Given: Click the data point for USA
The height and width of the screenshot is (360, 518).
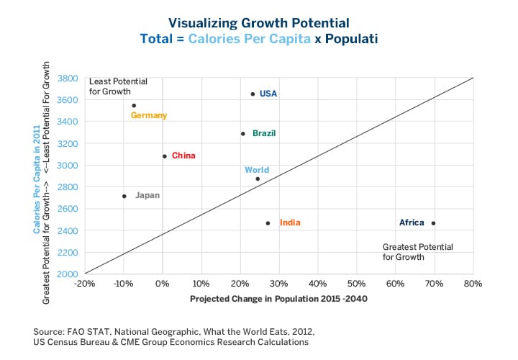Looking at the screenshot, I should point(253,94).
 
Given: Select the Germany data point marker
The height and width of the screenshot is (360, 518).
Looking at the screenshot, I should point(134,105).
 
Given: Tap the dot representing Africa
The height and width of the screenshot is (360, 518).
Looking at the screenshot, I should point(433,223).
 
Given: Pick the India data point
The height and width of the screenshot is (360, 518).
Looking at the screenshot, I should point(268,223).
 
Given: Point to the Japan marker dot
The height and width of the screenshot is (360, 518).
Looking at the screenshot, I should point(124,196).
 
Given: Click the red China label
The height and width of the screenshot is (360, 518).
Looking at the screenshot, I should point(183,156).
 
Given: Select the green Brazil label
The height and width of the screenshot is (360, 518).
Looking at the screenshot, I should point(264,133).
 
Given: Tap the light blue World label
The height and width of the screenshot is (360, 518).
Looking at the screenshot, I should point(257,171).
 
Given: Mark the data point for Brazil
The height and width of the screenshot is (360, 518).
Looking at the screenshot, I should point(243,133).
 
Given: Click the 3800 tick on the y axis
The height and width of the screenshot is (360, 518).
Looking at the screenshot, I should point(68,78).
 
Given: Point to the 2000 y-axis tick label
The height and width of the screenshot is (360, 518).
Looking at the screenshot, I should point(68,274).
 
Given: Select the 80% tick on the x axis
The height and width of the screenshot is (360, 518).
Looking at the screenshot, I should point(473,284).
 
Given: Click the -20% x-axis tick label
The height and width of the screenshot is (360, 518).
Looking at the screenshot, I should point(84,284).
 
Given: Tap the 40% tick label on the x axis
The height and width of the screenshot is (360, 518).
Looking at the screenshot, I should point(317,284).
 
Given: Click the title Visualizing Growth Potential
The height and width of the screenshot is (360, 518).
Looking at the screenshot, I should point(259,23).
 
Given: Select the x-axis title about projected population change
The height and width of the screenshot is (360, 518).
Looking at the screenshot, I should point(278,298).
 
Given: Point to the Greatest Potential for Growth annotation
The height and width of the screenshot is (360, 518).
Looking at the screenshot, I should point(417,251).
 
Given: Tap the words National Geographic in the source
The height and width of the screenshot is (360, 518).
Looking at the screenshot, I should point(137,330).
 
